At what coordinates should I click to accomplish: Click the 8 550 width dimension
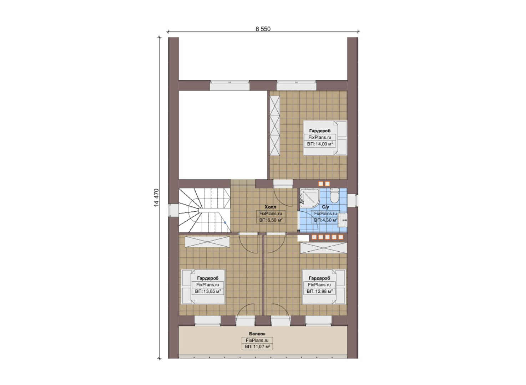point(263,29)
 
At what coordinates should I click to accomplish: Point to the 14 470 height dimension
point(157,197)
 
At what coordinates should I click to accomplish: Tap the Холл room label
point(270,207)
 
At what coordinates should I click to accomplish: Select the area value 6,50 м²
point(270,220)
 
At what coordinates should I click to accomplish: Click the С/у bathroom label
point(325,207)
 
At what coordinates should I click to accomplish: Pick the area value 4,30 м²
point(325,220)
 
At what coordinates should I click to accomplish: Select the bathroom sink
point(343,220)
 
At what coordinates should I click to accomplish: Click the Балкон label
point(257,334)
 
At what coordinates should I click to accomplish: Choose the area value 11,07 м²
point(257,346)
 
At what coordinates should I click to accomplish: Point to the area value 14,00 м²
point(320,144)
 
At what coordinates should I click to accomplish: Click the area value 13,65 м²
point(208,291)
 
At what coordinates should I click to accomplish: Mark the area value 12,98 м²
point(320,291)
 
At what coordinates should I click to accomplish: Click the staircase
point(204,210)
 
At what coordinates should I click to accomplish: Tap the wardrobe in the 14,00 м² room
point(274,126)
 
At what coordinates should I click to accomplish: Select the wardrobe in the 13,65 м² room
point(207,242)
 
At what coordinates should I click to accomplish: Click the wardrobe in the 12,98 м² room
point(324,248)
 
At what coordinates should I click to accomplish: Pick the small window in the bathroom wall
point(353,201)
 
